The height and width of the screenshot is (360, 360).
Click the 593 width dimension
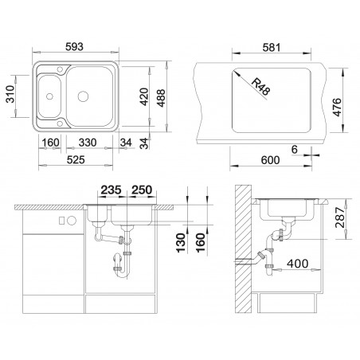click(74, 47)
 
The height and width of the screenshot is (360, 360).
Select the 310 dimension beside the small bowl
click(10, 94)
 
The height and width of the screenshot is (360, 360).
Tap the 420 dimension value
click(144, 96)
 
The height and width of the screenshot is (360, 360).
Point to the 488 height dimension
click(161, 98)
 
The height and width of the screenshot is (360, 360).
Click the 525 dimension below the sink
click(76, 160)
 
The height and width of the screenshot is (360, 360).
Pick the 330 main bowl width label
click(88, 143)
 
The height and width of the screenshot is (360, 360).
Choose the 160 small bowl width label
click(51, 143)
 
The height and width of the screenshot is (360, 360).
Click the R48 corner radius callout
click(260, 87)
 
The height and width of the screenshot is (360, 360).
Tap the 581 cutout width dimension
click(272, 48)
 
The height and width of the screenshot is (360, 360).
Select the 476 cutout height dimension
click(337, 107)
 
